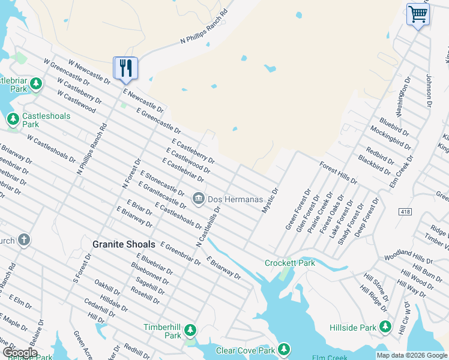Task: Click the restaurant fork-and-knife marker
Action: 125,68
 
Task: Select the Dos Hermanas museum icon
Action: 198,197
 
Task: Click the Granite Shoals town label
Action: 124,245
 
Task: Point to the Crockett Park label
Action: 291,263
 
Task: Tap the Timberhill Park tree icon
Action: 190,329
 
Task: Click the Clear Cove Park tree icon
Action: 283,349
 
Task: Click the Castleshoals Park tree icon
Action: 13,119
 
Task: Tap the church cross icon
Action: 23,241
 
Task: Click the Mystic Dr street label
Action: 270,200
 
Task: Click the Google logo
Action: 20,353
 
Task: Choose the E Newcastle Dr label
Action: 143,100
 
